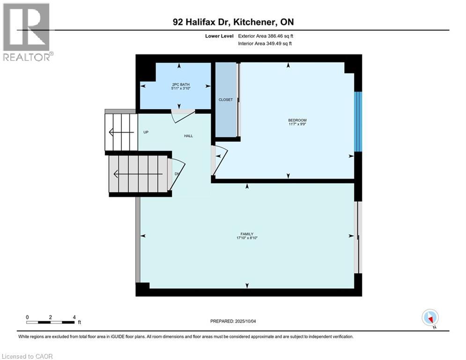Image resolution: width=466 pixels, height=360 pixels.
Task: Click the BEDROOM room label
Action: (x=297, y=120)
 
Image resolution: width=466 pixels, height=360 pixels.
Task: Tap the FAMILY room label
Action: (x=247, y=234)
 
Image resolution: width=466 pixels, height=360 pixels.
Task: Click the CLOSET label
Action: (x=226, y=100)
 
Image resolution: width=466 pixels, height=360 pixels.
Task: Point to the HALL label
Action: (x=188, y=136)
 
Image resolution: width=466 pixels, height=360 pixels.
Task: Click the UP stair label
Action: (x=146, y=132)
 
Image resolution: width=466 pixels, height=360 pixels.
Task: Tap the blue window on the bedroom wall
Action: (x=358, y=121)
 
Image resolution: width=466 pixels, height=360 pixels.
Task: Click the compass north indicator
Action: (x=429, y=317)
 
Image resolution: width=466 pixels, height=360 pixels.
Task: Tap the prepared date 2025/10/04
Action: (x=249, y=321)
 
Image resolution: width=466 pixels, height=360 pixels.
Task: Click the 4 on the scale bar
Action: (x=74, y=317)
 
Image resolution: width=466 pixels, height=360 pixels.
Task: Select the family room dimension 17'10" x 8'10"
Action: (x=247, y=238)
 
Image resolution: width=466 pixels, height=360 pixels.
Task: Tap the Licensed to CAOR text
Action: (x=28, y=356)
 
